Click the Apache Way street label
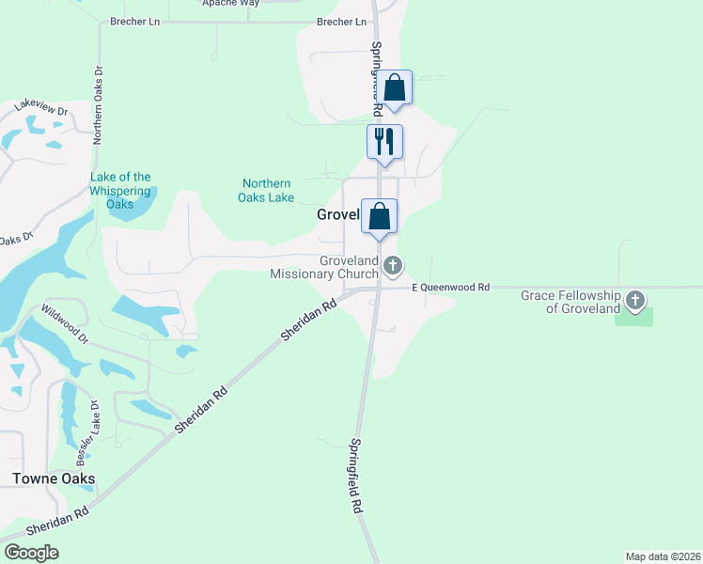coord(229,3)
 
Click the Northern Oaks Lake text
coord(268,190)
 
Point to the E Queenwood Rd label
coord(450,287)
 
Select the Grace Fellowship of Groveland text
coord(570,302)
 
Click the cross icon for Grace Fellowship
coord(635,302)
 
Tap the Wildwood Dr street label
coord(65,322)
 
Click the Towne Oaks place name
coord(54,479)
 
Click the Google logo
coord(31,553)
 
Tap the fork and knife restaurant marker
coord(384,141)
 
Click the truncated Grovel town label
coord(337,214)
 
